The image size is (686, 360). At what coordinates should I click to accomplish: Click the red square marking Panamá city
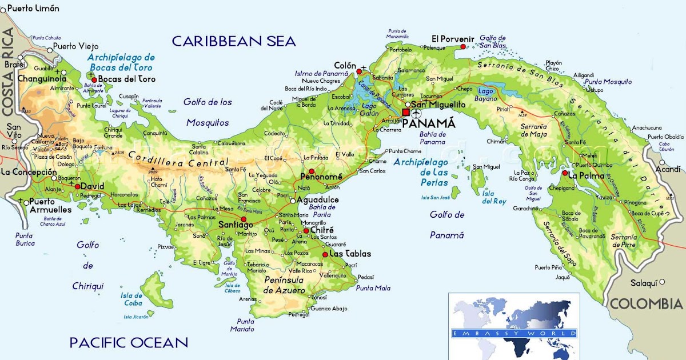406,113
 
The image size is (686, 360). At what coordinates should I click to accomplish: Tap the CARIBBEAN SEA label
234,41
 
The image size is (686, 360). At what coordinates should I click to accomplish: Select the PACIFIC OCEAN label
129,342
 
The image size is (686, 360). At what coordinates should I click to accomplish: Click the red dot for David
77,186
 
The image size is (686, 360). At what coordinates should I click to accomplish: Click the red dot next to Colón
359,72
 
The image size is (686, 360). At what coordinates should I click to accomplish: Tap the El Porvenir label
453,39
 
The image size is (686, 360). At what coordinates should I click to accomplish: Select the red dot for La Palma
565,173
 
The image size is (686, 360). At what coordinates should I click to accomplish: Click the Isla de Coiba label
131,299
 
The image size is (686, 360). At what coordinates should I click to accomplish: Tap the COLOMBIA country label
646,303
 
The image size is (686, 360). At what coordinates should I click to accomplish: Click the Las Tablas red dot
325,254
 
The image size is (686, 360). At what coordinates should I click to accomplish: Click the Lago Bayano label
485,95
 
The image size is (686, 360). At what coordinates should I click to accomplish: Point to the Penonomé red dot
312,171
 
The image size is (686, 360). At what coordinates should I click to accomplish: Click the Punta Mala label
373,288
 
